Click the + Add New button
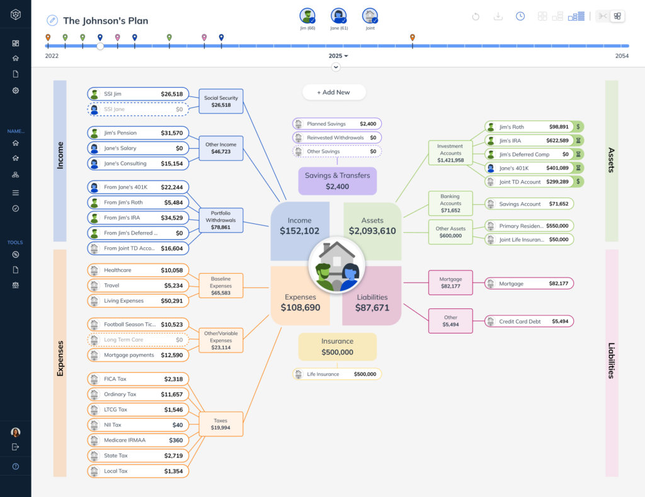[x=333, y=92]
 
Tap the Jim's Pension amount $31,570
[x=171, y=133]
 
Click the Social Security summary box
[x=220, y=101]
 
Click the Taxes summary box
[x=220, y=424]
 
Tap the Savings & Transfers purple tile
[x=337, y=180]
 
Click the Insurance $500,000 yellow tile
[x=337, y=347]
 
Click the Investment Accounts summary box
[x=450, y=153]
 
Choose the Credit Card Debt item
[x=528, y=321]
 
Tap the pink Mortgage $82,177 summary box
[x=450, y=283]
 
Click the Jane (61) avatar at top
[x=339, y=16]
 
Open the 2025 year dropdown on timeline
[x=338, y=56]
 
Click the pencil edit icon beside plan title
[x=52, y=21]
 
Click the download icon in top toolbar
[x=498, y=16]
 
